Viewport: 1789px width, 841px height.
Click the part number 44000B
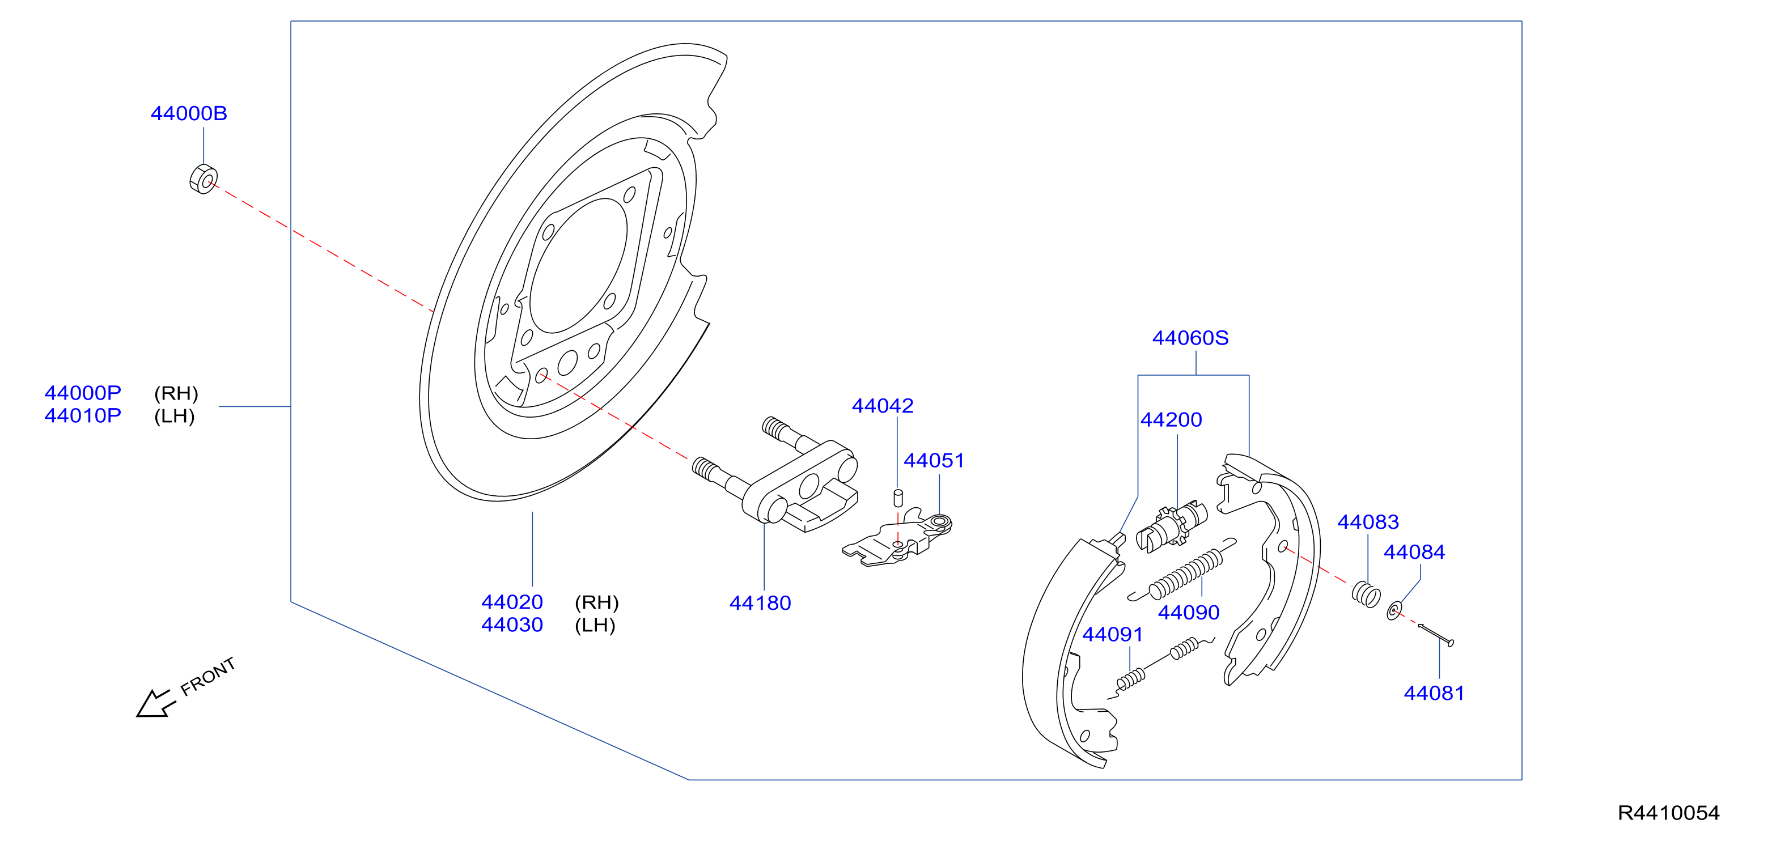(189, 113)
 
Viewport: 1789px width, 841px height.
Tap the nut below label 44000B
(204, 179)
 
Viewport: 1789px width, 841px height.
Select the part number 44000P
(83, 393)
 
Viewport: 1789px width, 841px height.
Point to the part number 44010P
(83, 416)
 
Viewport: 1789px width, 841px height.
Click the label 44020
(512, 602)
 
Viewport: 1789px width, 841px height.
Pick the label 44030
(512, 625)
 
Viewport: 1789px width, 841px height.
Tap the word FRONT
(207, 677)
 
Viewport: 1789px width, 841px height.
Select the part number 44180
(760, 603)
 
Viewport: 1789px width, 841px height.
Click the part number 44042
(883, 406)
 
